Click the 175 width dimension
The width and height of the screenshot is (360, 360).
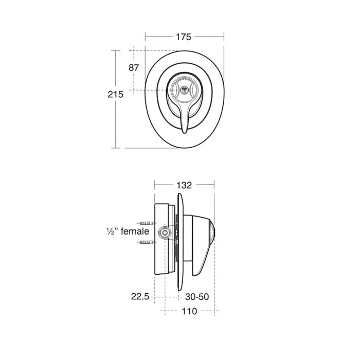point(184,37)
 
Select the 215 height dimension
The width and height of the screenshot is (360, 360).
point(116,94)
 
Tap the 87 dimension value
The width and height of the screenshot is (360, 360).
point(134,68)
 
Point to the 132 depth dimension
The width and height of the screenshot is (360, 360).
point(184,185)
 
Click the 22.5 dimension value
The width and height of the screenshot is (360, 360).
point(140,296)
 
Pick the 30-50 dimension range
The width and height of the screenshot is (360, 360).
point(197,297)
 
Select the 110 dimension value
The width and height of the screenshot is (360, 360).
point(189,311)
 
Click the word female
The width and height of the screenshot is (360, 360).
point(135,231)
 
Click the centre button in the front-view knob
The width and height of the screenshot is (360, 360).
point(184,89)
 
